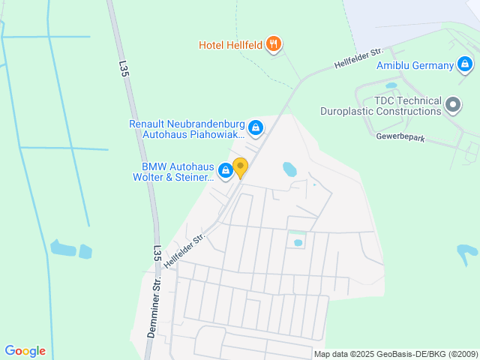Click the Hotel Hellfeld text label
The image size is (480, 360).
pos(230,45)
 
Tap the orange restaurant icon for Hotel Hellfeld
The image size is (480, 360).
pos(274,44)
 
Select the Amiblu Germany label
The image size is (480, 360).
pos(415,65)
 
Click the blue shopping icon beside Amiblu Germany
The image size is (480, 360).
pos(466,65)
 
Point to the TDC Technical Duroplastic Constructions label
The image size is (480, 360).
pos(402,106)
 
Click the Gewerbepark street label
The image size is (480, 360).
pos(400,136)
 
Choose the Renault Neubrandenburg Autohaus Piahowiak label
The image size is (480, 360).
pos(187,129)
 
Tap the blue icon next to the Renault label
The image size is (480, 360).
pos(256,129)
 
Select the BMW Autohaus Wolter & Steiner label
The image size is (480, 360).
pos(173,172)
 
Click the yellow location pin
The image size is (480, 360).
pos(240,167)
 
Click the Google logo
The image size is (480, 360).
pos(25,351)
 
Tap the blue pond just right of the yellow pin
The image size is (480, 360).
pos(289,169)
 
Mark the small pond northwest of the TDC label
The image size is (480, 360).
pos(391,85)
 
